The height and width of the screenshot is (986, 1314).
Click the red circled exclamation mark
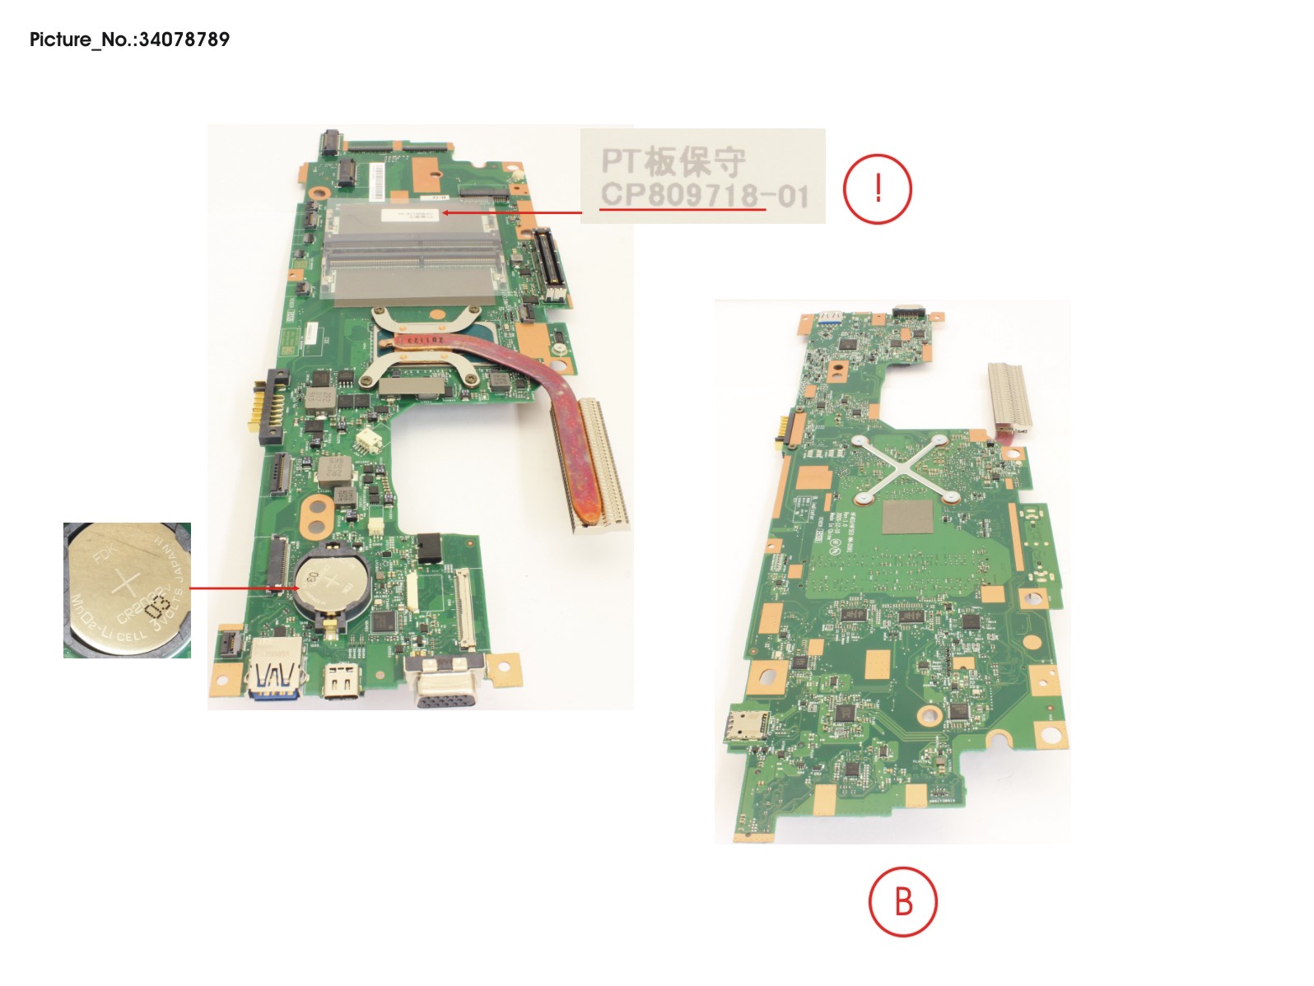(878, 189)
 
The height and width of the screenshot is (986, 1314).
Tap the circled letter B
(903, 901)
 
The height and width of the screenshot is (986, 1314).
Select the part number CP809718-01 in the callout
(704, 196)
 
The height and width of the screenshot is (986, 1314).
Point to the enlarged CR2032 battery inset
(127, 590)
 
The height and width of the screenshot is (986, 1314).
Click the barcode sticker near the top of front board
(378, 180)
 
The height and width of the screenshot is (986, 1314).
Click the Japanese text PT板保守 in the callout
(673, 160)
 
